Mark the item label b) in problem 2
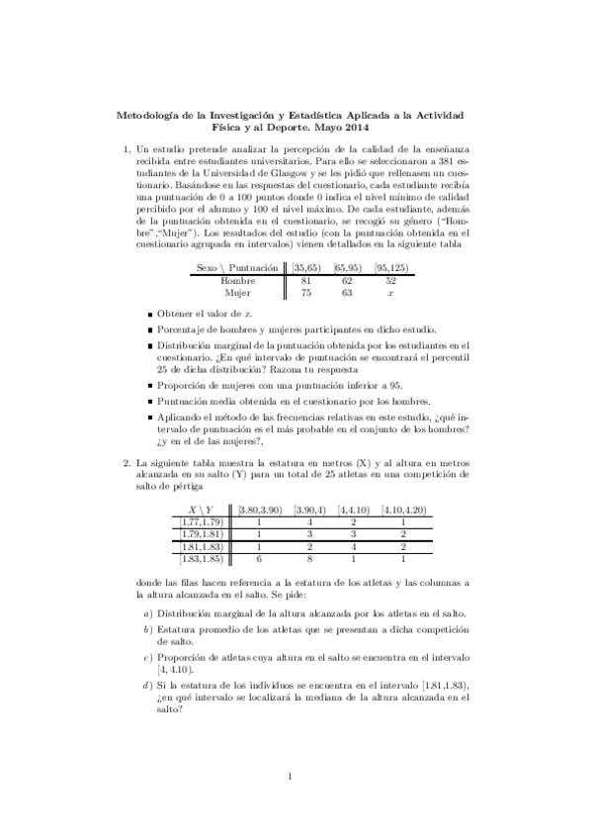tap(147, 629)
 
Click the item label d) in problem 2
tap(147, 685)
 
